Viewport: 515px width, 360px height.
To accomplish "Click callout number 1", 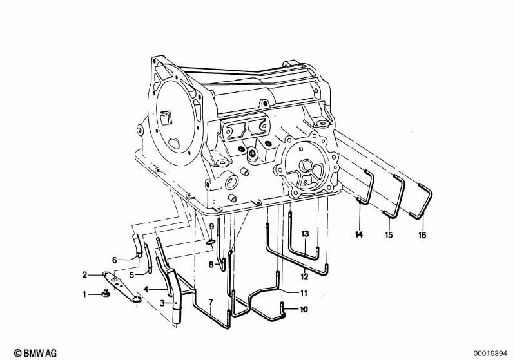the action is (x=83, y=294).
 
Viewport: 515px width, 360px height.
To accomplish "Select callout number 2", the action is (x=84, y=275).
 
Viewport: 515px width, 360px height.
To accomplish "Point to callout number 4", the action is (x=146, y=289).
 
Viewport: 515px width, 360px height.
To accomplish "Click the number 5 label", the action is (x=131, y=275).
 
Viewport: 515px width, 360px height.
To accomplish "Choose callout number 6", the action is (x=115, y=260).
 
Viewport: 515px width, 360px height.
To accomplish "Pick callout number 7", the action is (x=210, y=302).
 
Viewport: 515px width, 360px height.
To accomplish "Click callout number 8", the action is (x=210, y=264).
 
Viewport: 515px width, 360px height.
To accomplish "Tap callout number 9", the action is (x=211, y=226).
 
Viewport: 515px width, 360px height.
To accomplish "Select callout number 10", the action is (x=304, y=310).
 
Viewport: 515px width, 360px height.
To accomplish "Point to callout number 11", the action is (x=303, y=292).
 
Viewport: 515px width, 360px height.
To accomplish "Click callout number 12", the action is (x=304, y=277).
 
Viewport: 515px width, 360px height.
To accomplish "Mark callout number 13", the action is (x=305, y=232).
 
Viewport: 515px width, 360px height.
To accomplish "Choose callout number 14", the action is (x=359, y=235).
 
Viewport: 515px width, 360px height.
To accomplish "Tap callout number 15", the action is (x=389, y=236).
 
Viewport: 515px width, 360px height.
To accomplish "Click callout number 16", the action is (x=422, y=236).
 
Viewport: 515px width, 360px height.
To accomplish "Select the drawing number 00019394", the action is (x=491, y=353).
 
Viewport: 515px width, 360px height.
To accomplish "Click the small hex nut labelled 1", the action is (x=105, y=296).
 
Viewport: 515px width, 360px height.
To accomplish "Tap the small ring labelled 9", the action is (x=211, y=243).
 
